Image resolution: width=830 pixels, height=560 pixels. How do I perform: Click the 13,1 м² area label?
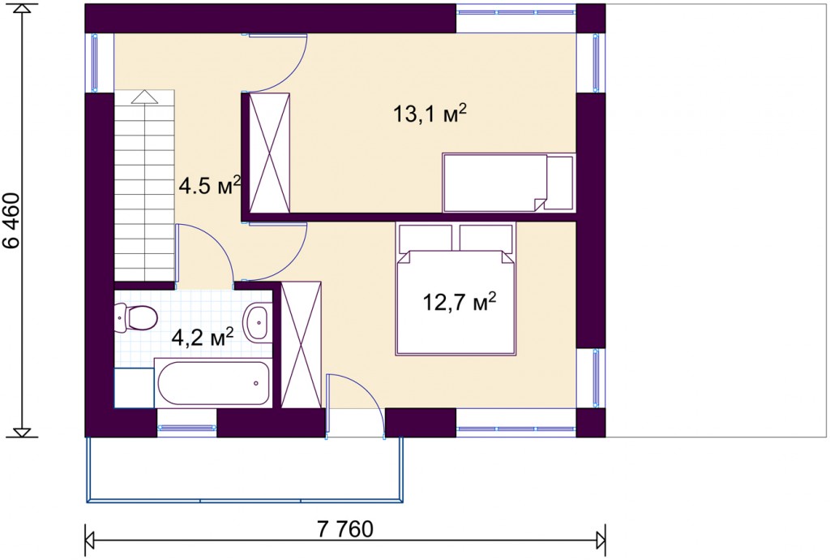tap(430, 114)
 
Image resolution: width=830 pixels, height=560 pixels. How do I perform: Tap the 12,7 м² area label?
tap(460, 302)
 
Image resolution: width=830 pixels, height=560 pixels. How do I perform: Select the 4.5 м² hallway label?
tap(210, 186)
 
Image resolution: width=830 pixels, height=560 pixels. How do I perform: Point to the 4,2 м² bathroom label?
tap(203, 337)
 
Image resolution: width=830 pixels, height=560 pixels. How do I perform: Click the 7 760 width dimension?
tap(345, 528)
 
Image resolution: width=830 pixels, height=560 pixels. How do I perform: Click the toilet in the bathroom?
tap(136, 317)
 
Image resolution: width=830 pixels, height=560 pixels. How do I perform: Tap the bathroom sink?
tap(257, 321)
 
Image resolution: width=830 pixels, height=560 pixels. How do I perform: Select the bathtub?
tap(213, 382)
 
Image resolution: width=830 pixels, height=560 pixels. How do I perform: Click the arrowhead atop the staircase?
tap(145, 97)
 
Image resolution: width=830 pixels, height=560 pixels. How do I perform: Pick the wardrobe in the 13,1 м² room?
tap(269, 153)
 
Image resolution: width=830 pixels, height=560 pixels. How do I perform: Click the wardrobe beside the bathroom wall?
tap(301, 345)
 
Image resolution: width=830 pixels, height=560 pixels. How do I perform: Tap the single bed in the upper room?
tap(509, 183)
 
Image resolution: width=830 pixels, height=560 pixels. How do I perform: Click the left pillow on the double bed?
tap(426, 238)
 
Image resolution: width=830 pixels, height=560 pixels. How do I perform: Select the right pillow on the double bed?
tap(486, 238)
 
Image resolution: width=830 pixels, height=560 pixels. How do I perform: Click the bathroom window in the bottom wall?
tap(187, 427)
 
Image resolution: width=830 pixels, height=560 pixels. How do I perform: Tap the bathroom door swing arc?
tap(218, 240)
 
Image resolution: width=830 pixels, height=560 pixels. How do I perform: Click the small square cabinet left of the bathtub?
tap(134, 388)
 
